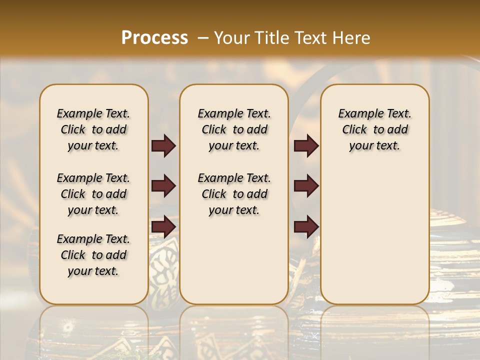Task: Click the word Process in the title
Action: [154, 37]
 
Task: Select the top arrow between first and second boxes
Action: [163, 146]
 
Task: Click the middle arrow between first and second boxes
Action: [163, 186]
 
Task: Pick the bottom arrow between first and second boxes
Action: [163, 226]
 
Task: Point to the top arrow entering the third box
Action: [306, 146]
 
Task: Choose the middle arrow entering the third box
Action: [306, 186]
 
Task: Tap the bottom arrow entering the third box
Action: [306, 226]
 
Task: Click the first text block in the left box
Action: [93, 129]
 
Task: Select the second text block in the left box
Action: [93, 194]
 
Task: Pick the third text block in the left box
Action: [93, 255]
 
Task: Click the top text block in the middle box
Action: [234, 129]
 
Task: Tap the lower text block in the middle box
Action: [234, 194]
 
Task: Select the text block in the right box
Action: [374, 129]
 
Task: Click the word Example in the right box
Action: [357, 114]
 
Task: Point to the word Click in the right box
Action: [354, 130]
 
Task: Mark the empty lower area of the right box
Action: [374, 235]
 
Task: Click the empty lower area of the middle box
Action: [234, 260]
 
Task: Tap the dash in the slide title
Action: [203, 37]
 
